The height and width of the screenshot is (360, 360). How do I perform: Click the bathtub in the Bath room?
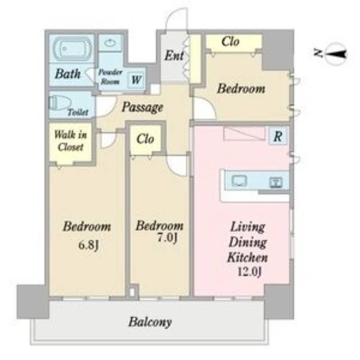(72, 49)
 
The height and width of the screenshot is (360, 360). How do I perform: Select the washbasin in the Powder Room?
(110, 42)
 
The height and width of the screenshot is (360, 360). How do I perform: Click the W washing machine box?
(136, 80)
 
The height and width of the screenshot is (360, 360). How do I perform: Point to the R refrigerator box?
(278, 136)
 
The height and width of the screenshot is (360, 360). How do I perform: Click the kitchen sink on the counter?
(239, 181)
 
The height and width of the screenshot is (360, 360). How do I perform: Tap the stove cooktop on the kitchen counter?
(275, 183)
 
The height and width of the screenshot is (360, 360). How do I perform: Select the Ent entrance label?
(174, 55)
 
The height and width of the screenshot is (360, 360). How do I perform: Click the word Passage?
(142, 107)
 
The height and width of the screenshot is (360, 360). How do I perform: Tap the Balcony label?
(150, 322)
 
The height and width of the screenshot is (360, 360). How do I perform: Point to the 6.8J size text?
(89, 245)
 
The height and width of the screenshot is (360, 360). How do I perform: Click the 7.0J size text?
(167, 238)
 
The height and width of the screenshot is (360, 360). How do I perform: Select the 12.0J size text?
(249, 272)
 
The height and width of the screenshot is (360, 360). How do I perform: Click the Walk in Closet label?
(71, 141)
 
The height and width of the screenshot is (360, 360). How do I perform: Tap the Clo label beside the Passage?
(145, 139)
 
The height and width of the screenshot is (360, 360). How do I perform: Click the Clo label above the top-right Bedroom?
(230, 42)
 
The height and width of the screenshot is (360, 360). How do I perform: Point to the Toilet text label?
(78, 112)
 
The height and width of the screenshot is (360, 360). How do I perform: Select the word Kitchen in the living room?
(247, 257)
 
